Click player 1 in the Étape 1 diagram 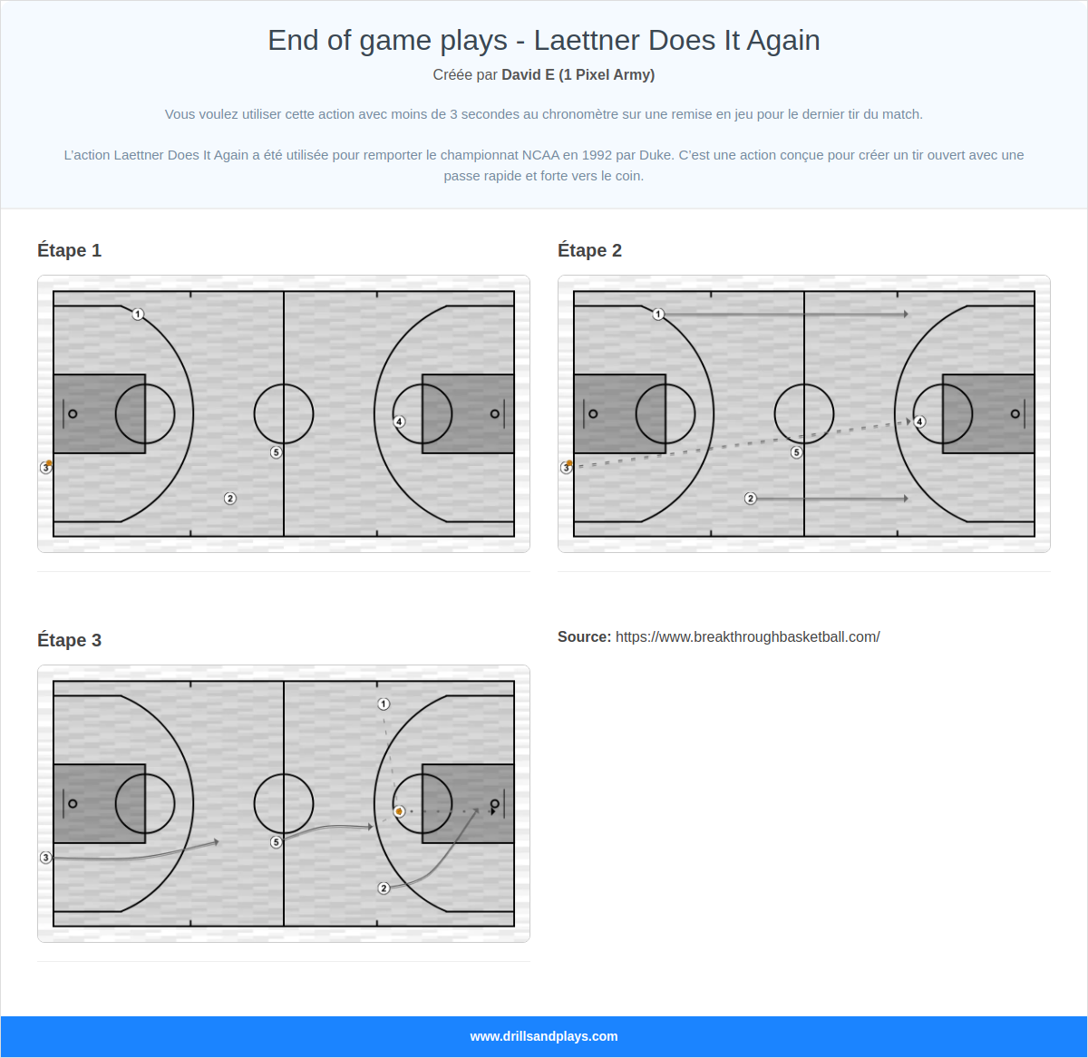tap(138, 315)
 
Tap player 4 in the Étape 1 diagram tap(399, 422)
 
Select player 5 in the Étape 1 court tap(277, 452)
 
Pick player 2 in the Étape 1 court tap(230, 499)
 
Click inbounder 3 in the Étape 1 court tap(45, 468)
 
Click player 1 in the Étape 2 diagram tap(658, 315)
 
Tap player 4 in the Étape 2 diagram tap(919, 422)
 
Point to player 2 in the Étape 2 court tap(751, 499)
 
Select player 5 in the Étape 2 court tap(797, 452)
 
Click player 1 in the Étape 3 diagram tap(384, 704)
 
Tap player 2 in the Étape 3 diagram tap(384, 888)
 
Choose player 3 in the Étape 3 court tap(45, 858)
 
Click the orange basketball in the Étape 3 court tap(399, 811)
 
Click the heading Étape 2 tap(589, 250)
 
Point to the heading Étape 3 tap(69, 640)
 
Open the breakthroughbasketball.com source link tap(747, 636)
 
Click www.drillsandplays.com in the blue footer tap(544, 1036)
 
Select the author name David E tap(528, 74)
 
